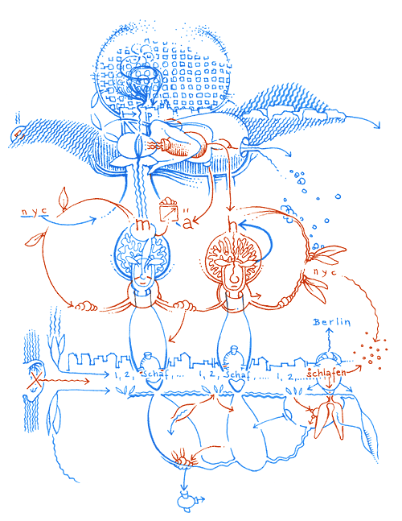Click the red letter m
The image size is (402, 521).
(145, 225)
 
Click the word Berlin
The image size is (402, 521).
(333, 323)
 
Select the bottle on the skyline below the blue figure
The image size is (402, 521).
(148, 361)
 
